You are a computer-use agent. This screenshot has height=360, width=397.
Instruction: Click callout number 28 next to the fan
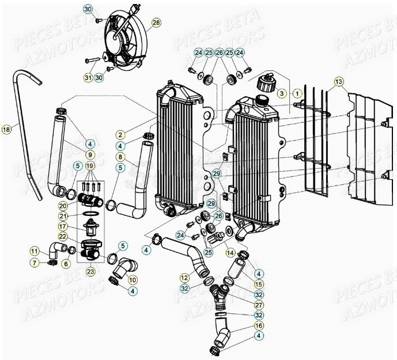156,23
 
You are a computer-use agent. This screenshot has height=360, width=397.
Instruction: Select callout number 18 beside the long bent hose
6,130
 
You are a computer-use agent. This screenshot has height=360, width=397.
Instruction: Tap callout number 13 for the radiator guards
338,81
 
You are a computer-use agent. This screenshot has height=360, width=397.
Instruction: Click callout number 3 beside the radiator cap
282,93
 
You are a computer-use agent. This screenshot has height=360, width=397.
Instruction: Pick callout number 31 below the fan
88,77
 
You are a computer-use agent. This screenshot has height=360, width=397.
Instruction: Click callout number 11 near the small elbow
35,251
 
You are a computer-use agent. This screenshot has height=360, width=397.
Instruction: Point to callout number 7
35,263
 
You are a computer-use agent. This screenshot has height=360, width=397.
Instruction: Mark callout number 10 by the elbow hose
133,279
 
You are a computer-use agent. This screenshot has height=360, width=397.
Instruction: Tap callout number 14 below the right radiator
230,252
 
